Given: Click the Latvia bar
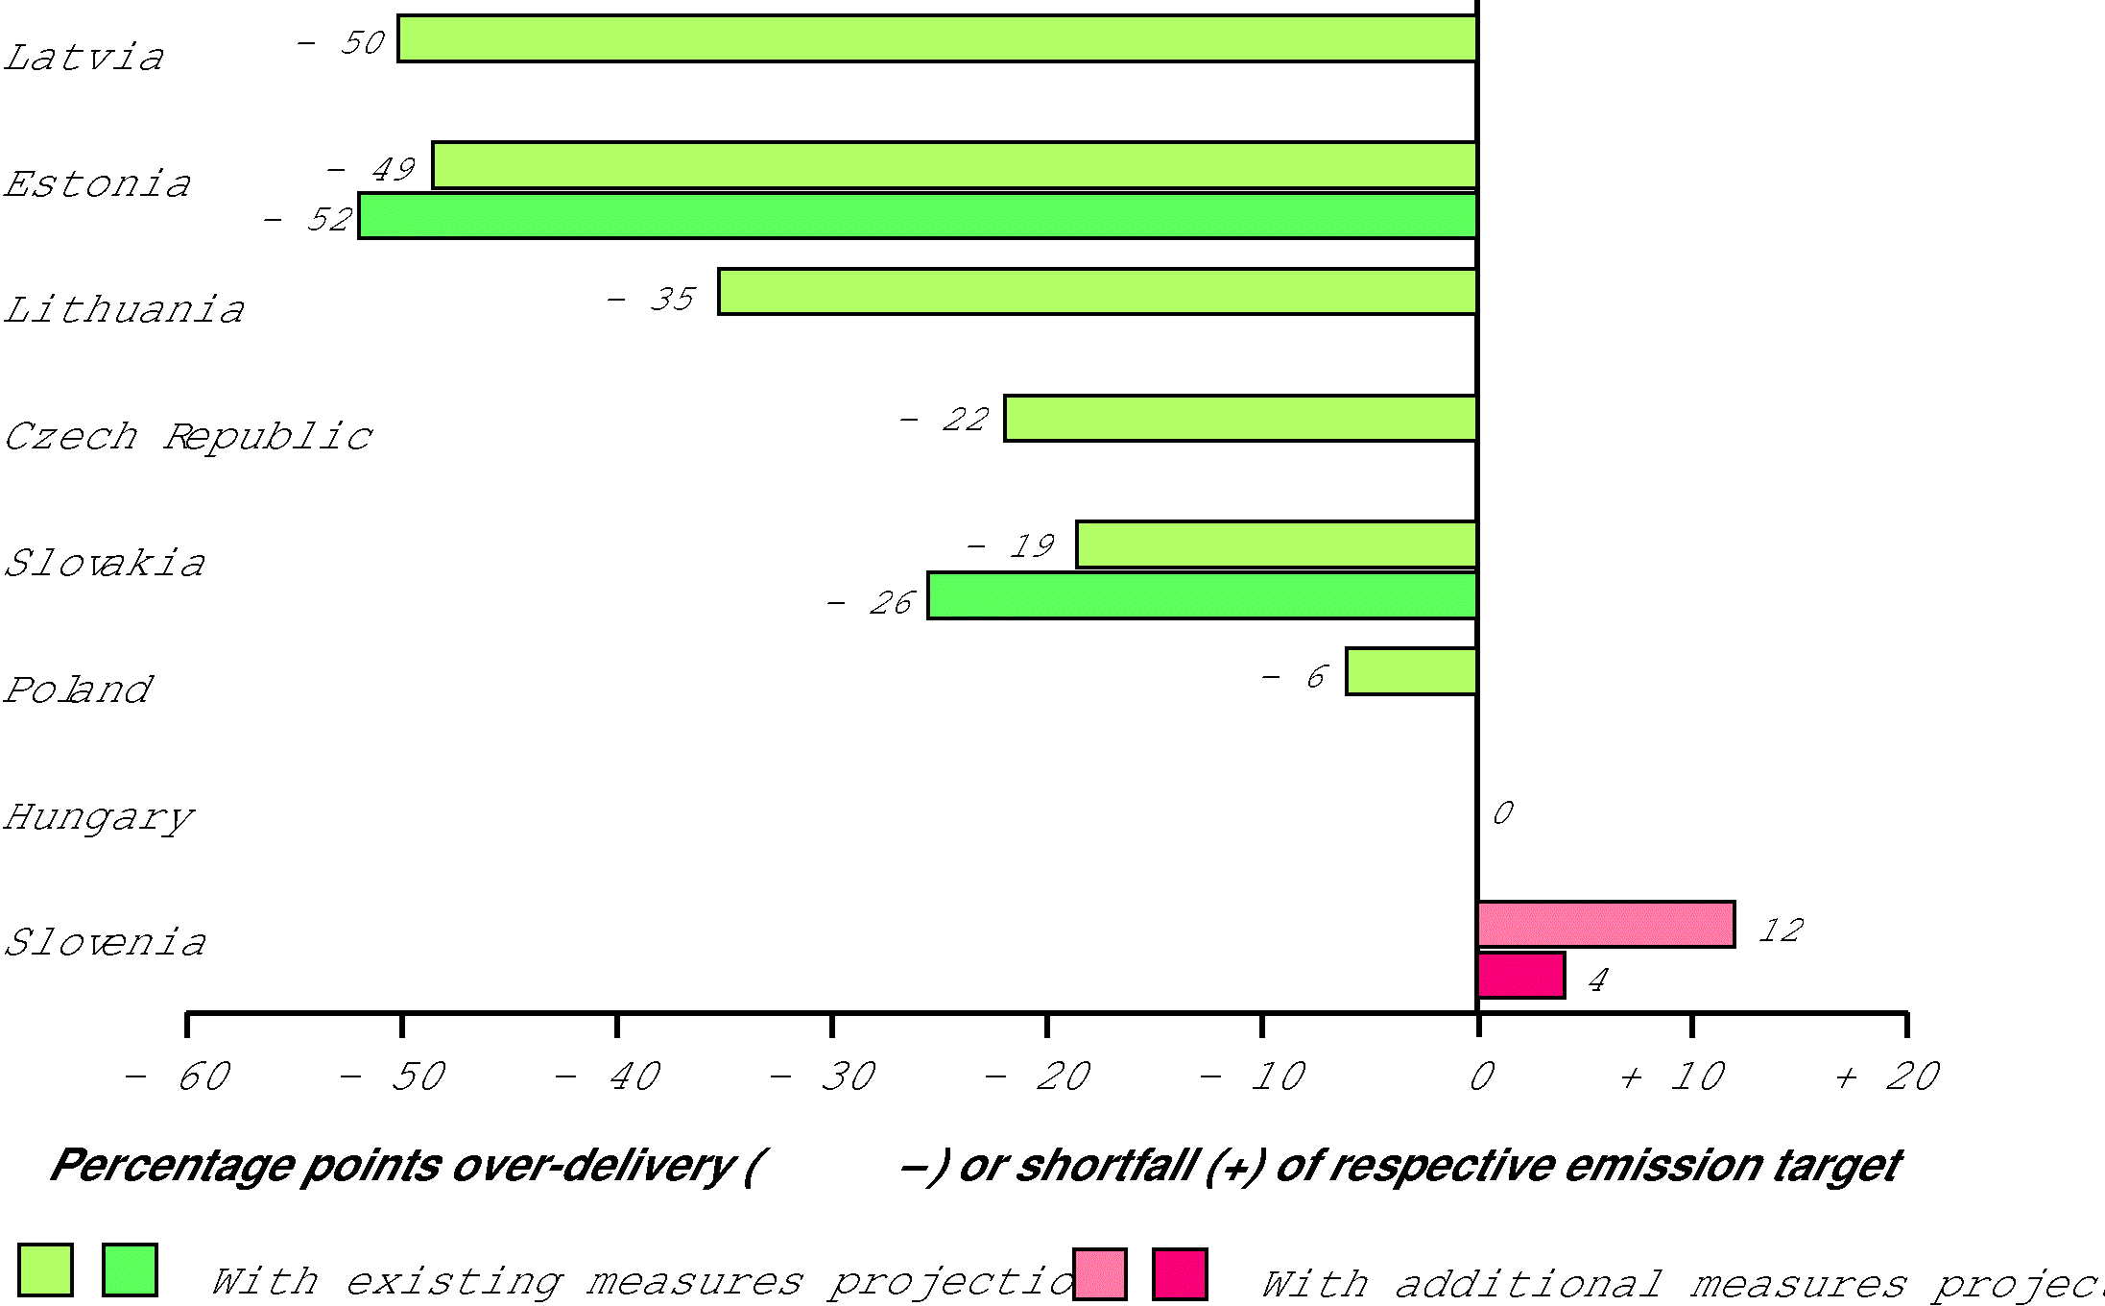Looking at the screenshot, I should (x=937, y=39).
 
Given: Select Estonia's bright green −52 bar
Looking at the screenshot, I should (x=917, y=216).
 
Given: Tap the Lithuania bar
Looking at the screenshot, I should (x=1097, y=292).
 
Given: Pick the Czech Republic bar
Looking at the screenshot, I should (x=1240, y=419).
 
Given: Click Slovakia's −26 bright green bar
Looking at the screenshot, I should (x=1202, y=596).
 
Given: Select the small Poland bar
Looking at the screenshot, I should (x=1411, y=672).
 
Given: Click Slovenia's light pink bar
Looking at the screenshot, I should (x=1606, y=925).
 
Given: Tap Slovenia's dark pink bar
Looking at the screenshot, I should (x=1521, y=976).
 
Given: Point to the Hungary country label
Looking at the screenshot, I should (x=99, y=818).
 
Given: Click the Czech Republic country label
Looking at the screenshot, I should (x=188, y=437).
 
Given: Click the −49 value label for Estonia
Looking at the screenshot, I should (x=371, y=170).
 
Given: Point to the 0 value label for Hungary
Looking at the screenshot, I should (x=1503, y=813).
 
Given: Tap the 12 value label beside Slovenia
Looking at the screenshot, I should (x=1782, y=931).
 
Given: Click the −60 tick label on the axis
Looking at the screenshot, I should (x=179, y=1077).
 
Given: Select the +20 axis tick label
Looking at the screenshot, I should (x=1889, y=1077).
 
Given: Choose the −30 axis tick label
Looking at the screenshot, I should (x=824, y=1077).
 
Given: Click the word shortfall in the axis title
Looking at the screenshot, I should (x=1108, y=1166).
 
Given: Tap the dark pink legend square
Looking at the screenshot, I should (x=1180, y=1274).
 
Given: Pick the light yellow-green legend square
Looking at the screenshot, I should (x=45, y=1270).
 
